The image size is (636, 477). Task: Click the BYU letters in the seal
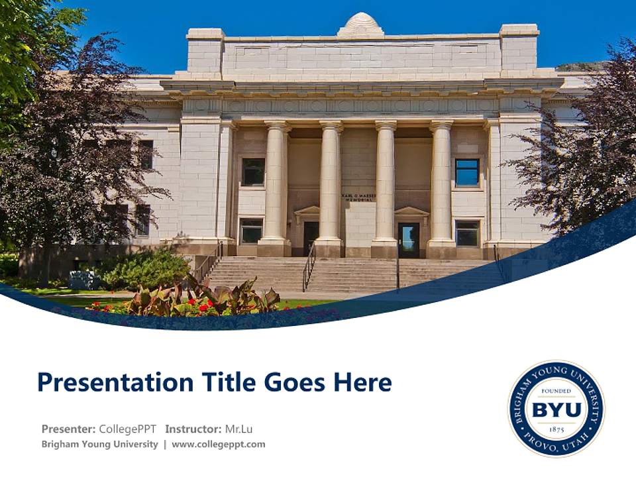(556, 409)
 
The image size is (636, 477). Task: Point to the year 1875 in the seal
(556, 429)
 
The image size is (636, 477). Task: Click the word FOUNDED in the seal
(556, 392)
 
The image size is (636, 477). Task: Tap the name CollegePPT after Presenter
(127, 429)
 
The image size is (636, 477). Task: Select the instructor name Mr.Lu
(238, 429)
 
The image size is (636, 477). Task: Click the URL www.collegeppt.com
(219, 445)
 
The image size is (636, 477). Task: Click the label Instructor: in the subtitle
(193, 429)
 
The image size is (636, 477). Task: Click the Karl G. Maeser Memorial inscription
(358, 197)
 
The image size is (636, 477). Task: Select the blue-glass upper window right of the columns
(467, 172)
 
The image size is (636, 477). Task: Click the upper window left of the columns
(253, 172)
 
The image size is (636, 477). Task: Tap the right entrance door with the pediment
(408, 238)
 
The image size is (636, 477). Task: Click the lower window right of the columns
(467, 233)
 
